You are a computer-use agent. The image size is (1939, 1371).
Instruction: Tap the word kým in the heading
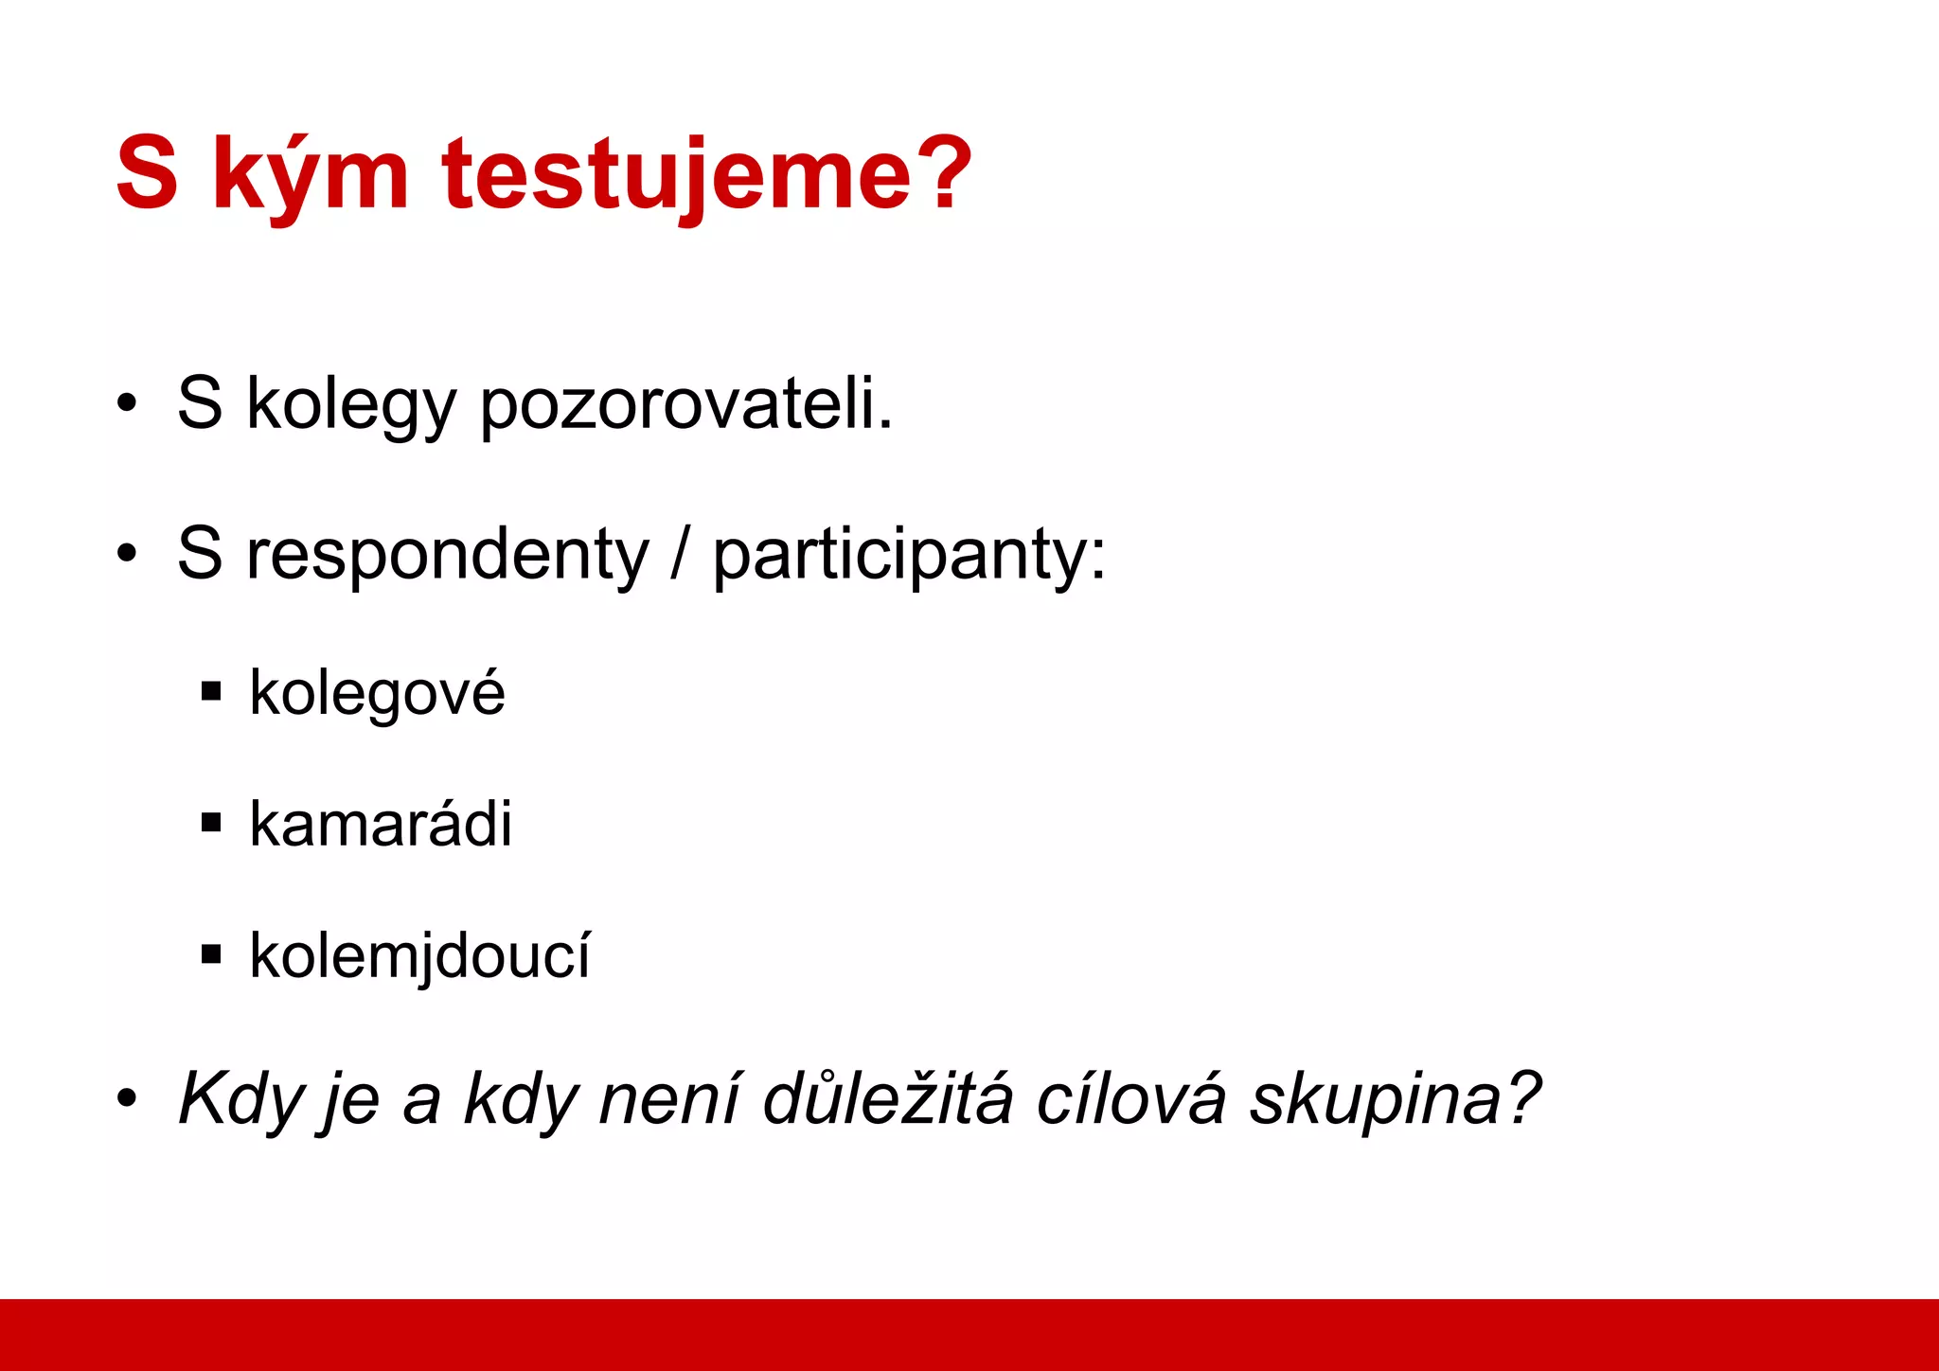[x=310, y=175]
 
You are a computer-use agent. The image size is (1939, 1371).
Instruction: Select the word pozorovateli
[x=685, y=405]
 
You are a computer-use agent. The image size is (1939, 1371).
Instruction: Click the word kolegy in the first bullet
[x=350, y=405]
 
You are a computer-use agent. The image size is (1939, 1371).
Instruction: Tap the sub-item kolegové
[x=377, y=693]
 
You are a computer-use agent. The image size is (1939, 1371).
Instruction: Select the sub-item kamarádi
[x=380, y=824]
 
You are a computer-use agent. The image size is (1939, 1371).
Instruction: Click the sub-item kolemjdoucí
[x=419, y=955]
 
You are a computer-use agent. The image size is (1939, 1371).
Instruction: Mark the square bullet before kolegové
[x=211, y=692]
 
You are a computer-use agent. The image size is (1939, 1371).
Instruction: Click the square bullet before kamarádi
[x=211, y=823]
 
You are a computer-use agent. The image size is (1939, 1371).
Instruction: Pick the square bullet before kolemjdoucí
[x=211, y=953]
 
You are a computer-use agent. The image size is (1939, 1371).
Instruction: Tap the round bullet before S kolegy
[x=127, y=405]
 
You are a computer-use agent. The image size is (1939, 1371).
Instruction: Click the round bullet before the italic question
[x=127, y=1100]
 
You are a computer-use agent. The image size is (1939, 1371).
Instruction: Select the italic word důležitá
[x=888, y=1098]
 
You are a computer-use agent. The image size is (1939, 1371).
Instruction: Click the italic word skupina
[x=1392, y=1100]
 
